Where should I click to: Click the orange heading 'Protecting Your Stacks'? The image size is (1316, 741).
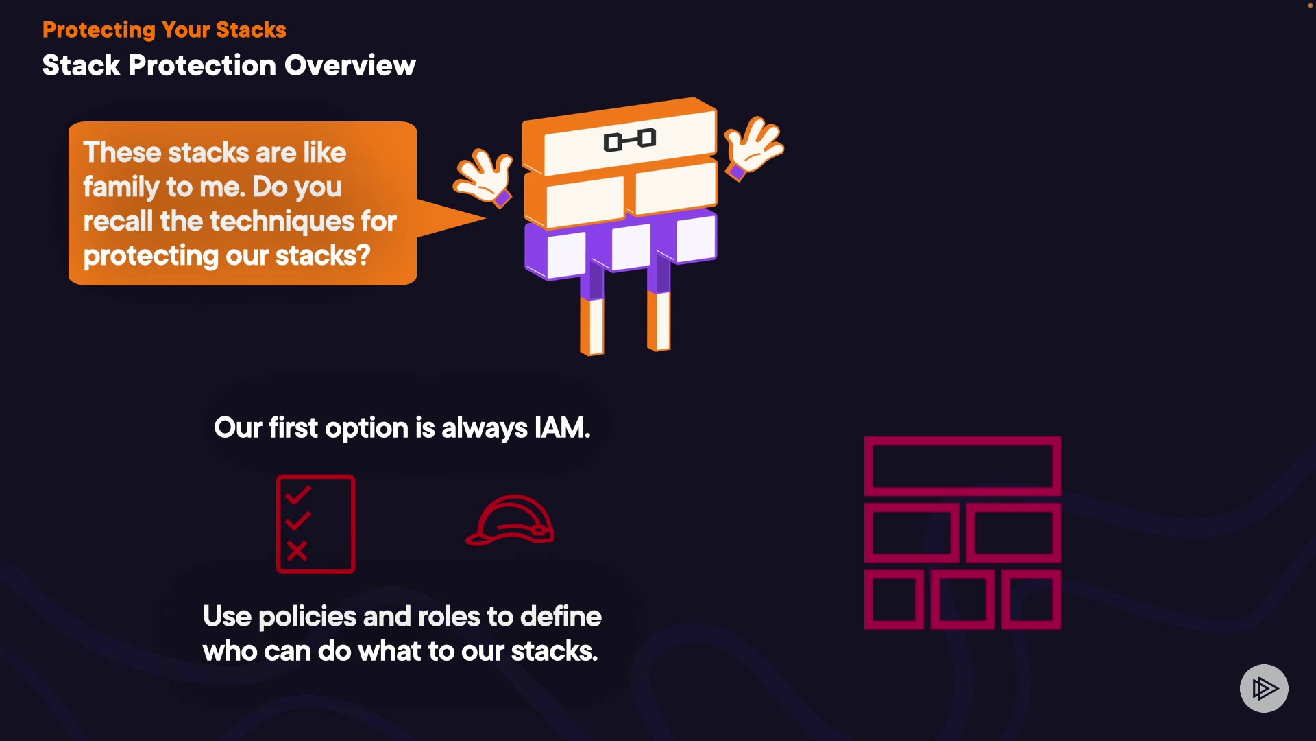click(x=164, y=30)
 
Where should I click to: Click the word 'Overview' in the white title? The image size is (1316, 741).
click(x=350, y=66)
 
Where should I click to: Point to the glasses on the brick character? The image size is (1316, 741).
click(x=630, y=140)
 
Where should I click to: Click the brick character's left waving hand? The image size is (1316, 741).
click(x=483, y=178)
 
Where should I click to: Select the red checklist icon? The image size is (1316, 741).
click(x=316, y=524)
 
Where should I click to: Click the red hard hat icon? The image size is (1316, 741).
click(x=510, y=520)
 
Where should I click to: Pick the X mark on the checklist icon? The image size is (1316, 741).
click(x=297, y=550)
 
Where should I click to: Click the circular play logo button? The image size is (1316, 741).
click(x=1264, y=688)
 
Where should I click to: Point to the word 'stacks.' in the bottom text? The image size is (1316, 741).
click(x=555, y=651)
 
